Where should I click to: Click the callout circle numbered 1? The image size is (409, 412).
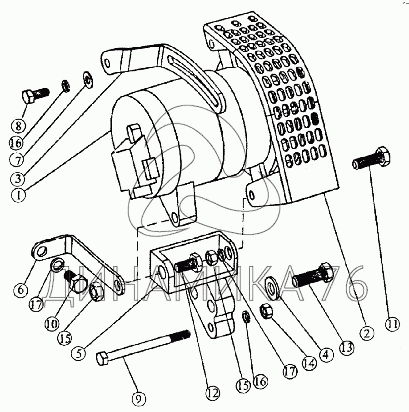[18, 195]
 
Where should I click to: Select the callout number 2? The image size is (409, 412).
[366, 333]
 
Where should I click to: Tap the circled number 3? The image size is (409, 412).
[18, 179]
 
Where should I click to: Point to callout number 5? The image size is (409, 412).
[79, 352]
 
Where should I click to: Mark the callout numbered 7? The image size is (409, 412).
[17, 160]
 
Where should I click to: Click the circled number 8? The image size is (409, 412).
[18, 126]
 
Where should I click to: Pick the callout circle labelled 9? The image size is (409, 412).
[139, 400]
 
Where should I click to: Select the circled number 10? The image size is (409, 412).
[52, 324]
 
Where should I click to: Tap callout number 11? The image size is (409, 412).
[393, 324]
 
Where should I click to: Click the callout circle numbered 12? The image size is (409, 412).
[213, 393]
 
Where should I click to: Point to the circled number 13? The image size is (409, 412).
[347, 347]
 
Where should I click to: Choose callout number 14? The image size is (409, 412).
[309, 363]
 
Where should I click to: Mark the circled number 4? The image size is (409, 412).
[325, 354]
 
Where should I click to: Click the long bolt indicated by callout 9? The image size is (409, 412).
[143, 347]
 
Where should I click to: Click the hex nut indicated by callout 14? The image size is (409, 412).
[266, 311]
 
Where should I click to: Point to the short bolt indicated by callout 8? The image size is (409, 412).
[36, 95]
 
